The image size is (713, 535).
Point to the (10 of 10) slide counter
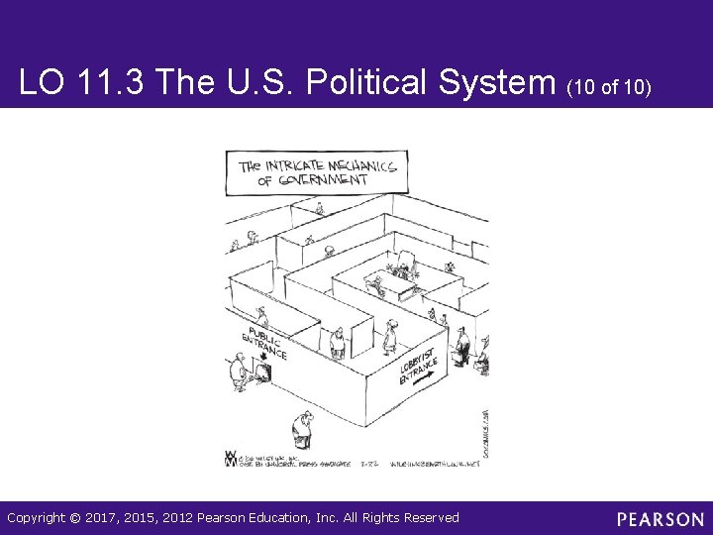tap(609, 88)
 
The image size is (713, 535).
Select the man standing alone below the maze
tap(302, 428)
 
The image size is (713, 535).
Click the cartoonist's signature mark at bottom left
tap(231, 459)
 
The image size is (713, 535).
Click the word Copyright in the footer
tap(37, 517)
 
